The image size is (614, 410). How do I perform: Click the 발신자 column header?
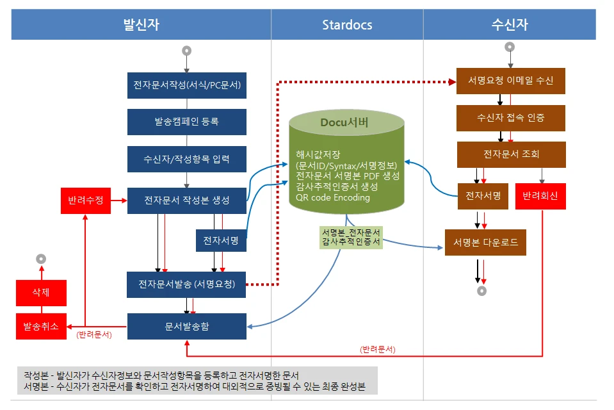click(x=141, y=24)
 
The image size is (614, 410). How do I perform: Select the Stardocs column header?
click(x=347, y=24)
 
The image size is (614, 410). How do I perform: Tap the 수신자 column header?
click(x=510, y=24)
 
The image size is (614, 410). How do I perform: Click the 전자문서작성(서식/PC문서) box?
click(x=187, y=85)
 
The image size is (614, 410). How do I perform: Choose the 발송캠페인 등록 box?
click(x=187, y=122)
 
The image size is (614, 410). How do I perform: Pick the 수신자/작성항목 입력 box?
click(x=187, y=159)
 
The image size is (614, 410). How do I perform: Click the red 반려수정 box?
click(x=86, y=201)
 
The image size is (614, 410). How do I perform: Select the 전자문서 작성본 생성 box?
click(x=187, y=201)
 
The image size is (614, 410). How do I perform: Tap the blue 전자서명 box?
click(x=221, y=240)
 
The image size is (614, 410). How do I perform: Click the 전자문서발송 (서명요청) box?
click(x=186, y=284)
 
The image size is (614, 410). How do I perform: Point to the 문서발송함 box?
click(x=187, y=326)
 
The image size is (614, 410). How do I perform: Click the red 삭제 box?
click(x=41, y=293)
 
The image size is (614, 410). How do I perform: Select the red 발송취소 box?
click(x=41, y=326)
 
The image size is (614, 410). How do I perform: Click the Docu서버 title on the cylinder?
click(x=344, y=122)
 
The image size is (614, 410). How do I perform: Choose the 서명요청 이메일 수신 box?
click(x=511, y=81)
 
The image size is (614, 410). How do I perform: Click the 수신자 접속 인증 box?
click(x=511, y=118)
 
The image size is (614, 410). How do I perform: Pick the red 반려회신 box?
click(x=540, y=196)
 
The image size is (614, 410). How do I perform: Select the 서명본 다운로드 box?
click(x=485, y=243)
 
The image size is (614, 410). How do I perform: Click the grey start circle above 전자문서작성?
click(x=187, y=51)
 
